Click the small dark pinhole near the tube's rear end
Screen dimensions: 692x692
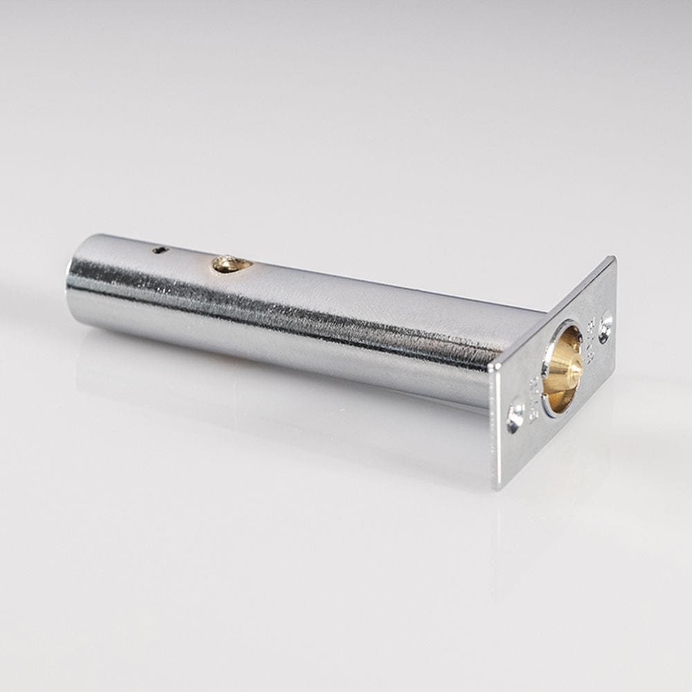click(160, 250)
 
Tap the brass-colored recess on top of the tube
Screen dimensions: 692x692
click(230, 263)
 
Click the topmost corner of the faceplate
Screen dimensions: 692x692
click(612, 257)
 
